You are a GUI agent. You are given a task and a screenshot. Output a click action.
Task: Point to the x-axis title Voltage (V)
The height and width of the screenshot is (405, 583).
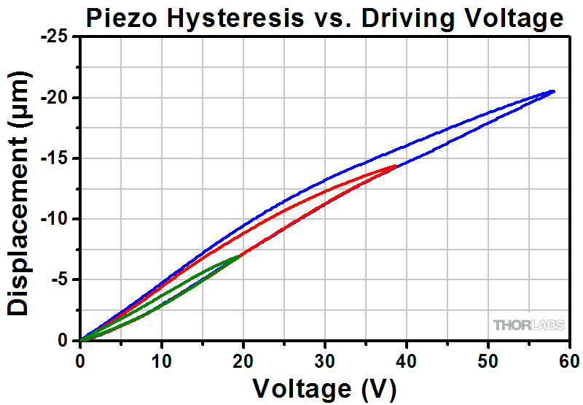pyautogui.click(x=325, y=386)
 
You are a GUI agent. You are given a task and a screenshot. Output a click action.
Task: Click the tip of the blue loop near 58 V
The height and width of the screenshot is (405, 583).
pyautogui.click(x=553, y=91)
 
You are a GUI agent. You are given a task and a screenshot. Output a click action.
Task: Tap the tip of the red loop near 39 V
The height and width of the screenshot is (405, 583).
pyautogui.click(x=396, y=166)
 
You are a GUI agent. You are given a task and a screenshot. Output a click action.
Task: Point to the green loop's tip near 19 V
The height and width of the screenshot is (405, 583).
pyautogui.click(x=238, y=256)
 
